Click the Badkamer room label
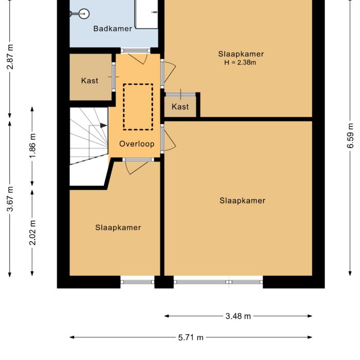(113, 29)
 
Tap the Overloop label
(137, 144)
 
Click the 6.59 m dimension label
(350, 136)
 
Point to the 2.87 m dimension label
(10, 58)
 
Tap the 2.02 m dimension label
(32, 232)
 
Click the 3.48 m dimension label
(238, 316)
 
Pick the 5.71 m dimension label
(191, 338)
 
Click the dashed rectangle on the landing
(138, 107)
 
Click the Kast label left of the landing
(89, 81)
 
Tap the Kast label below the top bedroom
(180, 106)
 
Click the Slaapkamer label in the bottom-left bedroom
(118, 227)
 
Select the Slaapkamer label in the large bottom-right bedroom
(242, 201)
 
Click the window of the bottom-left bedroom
(137, 281)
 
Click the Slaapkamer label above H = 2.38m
(241, 53)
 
